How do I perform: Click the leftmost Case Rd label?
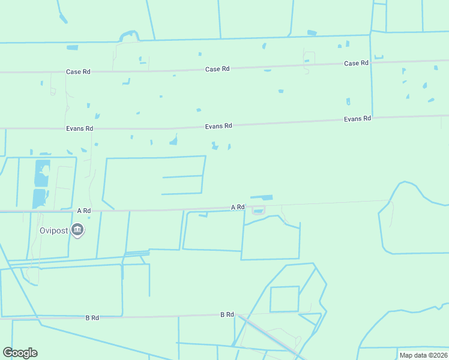(x=78, y=72)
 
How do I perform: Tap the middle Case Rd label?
(x=217, y=69)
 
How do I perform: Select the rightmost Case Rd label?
(x=356, y=63)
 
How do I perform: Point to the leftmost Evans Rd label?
(x=80, y=128)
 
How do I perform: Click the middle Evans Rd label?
(x=218, y=126)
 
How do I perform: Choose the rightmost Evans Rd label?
(x=358, y=119)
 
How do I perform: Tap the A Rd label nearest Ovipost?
(x=84, y=211)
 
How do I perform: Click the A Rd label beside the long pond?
(x=238, y=207)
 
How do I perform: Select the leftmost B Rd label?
(x=92, y=317)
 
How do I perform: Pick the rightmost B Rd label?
(x=227, y=314)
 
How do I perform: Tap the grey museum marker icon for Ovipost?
(x=77, y=230)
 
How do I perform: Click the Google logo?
(x=20, y=353)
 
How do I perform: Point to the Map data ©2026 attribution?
(x=423, y=355)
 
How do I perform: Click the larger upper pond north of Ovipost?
(x=42, y=173)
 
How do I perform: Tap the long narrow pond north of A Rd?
(x=261, y=197)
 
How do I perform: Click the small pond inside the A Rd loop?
(x=258, y=210)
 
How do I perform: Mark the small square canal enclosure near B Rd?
(x=285, y=299)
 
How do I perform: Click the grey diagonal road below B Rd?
(x=270, y=337)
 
